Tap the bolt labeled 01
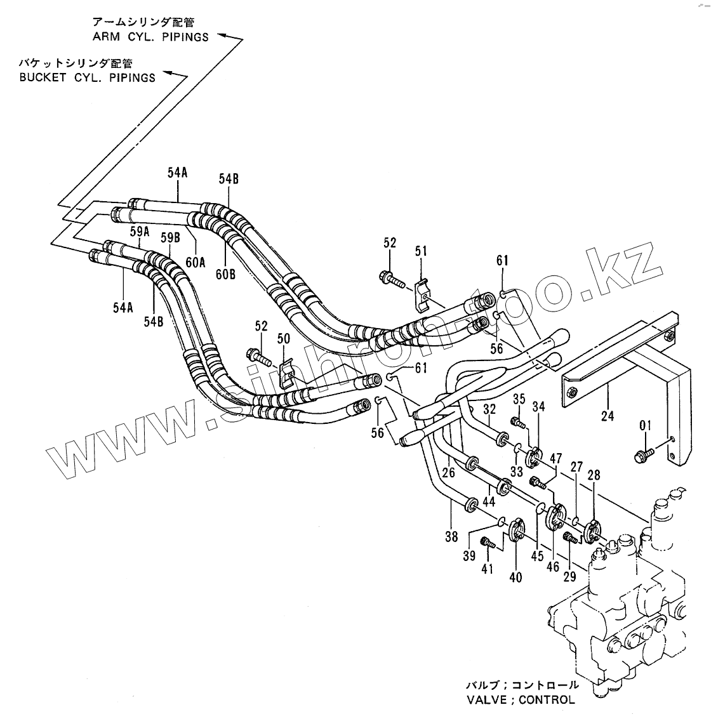click(643, 454)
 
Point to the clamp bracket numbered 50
click(285, 374)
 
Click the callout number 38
click(451, 537)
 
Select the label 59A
click(140, 232)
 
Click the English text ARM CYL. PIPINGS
click(150, 37)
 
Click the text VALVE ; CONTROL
click(521, 700)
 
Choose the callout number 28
click(594, 475)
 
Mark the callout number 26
click(449, 472)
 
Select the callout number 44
click(489, 501)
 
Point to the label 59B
click(170, 238)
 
